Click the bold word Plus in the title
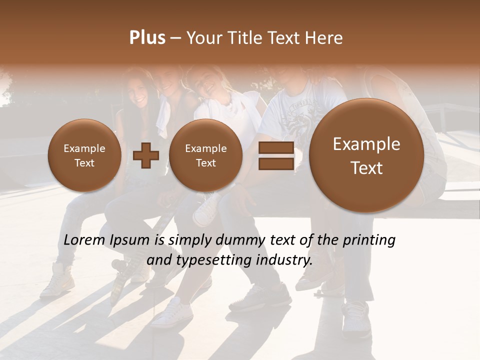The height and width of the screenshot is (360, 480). click(x=147, y=38)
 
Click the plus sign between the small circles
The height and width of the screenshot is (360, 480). click(x=146, y=156)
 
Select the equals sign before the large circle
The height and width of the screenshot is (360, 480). click(x=276, y=156)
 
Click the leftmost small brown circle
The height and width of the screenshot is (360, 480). click(x=84, y=155)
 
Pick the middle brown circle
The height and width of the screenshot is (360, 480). click(x=205, y=155)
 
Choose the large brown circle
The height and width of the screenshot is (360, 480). click(x=366, y=155)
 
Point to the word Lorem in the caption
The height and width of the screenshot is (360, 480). click(x=83, y=240)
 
